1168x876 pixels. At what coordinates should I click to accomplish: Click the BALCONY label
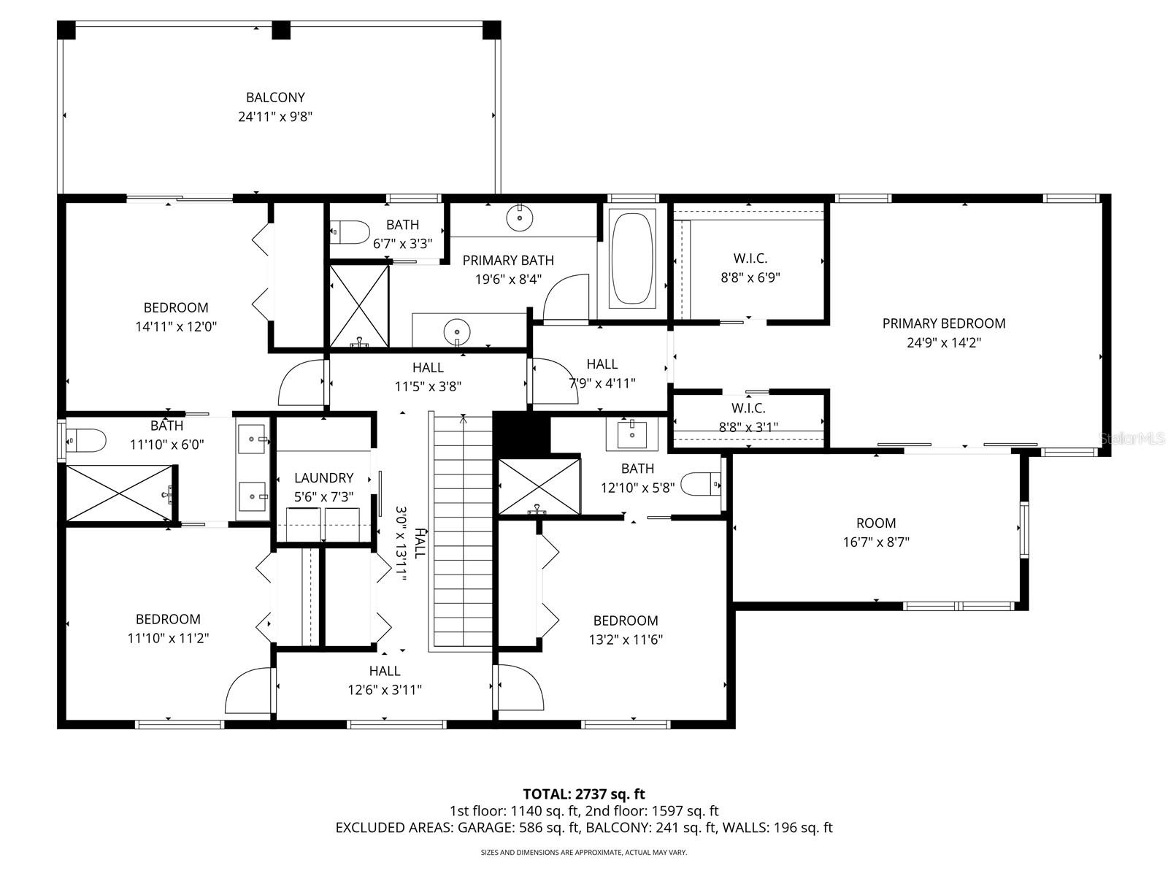pyautogui.click(x=275, y=97)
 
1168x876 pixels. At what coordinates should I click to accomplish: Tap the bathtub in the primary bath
pyautogui.click(x=632, y=258)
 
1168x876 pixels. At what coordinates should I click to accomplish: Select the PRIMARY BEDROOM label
pyautogui.click(x=943, y=323)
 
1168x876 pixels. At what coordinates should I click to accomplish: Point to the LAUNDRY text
pyautogui.click(x=323, y=477)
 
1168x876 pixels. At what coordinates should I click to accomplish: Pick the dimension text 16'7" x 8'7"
pyautogui.click(x=875, y=542)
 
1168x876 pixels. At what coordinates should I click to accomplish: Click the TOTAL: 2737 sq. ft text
pyautogui.click(x=583, y=794)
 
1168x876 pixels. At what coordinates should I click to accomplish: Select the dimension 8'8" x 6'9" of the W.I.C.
pyautogui.click(x=750, y=277)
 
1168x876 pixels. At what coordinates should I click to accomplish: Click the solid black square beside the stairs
pyautogui.click(x=521, y=434)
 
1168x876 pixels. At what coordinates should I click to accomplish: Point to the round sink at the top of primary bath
pyautogui.click(x=520, y=218)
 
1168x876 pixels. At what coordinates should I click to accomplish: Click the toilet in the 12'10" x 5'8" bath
pyautogui.click(x=700, y=483)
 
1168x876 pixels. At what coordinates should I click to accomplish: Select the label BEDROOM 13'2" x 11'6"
pyautogui.click(x=626, y=630)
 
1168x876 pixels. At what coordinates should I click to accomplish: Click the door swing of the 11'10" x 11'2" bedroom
pyautogui.click(x=248, y=691)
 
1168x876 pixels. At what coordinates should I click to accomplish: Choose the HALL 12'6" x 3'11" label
pyautogui.click(x=384, y=680)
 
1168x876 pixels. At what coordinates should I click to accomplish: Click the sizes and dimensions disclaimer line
pyautogui.click(x=583, y=852)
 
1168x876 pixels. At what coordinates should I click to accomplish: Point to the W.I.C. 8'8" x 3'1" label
pyautogui.click(x=748, y=418)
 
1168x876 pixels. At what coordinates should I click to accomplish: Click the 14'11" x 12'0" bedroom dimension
pyautogui.click(x=176, y=327)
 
